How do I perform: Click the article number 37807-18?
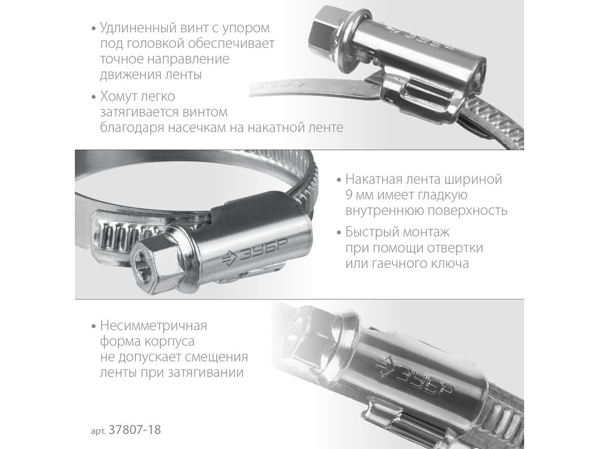click(x=135, y=430)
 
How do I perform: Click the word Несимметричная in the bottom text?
click(x=153, y=326)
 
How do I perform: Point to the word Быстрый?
click(x=368, y=232)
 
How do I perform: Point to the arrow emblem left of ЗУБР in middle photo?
click(x=230, y=259)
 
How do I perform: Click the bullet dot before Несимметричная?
click(x=93, y=326)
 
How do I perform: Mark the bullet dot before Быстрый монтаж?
click(x=339, y=233)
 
